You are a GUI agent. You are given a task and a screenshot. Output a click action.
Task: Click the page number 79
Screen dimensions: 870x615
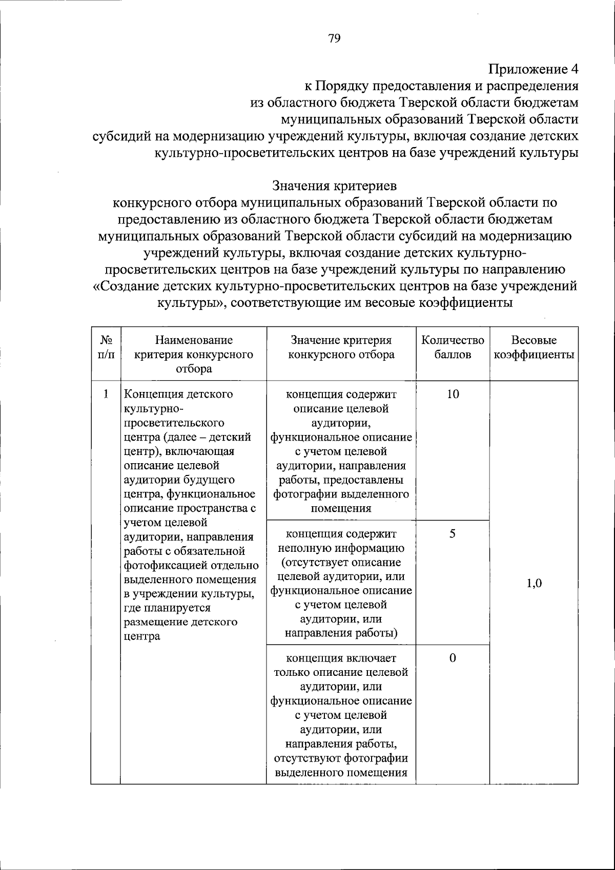(334, 39)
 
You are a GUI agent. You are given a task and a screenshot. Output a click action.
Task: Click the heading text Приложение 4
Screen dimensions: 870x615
(533, 69)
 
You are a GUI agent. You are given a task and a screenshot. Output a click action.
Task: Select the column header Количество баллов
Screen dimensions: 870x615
(453, 347)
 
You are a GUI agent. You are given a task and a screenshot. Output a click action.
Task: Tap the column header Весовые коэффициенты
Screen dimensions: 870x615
(534, 347)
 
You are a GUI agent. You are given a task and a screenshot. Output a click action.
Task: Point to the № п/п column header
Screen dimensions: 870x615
(106, 347)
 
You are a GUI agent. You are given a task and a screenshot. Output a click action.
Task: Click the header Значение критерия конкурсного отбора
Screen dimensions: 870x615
(341, 347)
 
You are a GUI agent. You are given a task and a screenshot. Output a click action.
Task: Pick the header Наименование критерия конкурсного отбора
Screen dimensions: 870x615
(193, 355)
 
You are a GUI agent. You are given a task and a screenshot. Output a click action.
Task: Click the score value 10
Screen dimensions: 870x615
(453, 395)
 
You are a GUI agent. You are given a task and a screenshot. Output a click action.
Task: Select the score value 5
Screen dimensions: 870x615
(453, 533)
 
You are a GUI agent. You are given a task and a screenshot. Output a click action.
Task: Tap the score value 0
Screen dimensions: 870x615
(453, 658)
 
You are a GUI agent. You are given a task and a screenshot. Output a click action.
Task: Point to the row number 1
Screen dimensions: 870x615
(106, 395)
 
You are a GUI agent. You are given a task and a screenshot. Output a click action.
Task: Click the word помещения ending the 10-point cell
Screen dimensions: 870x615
(341, 509)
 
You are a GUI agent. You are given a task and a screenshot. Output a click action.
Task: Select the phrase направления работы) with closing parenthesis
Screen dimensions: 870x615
(341, 633)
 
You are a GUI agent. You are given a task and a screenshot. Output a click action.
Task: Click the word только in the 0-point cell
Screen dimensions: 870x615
(293, 672)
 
